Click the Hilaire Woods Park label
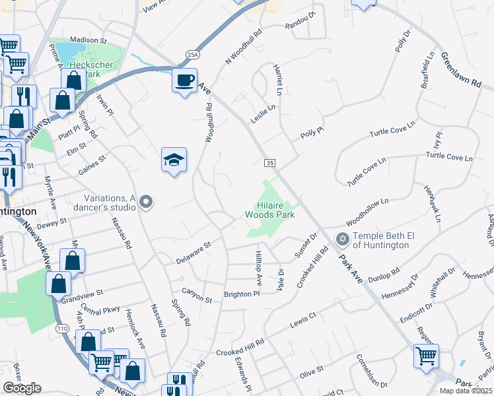(x=269, y=209)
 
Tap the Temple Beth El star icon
(x=342, y=238)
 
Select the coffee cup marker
(x=184, y=80)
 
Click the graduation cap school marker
(x=174, y=160)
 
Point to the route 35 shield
(x=269, y=163)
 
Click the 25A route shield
(x=192, y=55)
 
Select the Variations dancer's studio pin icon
(x=147, y=202)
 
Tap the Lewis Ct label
(x=304, y=321)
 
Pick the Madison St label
(x=87, y=40)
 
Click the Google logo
(x=22, y=388)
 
